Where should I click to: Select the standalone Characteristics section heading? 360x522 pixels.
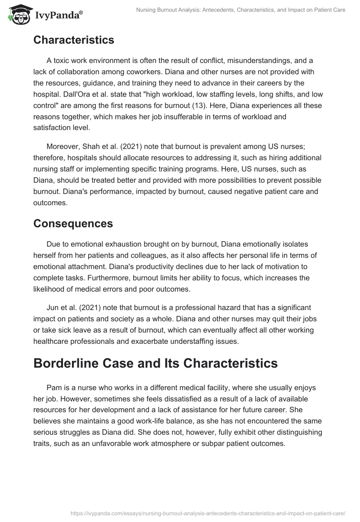pyautogui.click(x=74, y=40)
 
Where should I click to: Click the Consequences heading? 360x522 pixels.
pyautogui.click(x=73, y=223)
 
